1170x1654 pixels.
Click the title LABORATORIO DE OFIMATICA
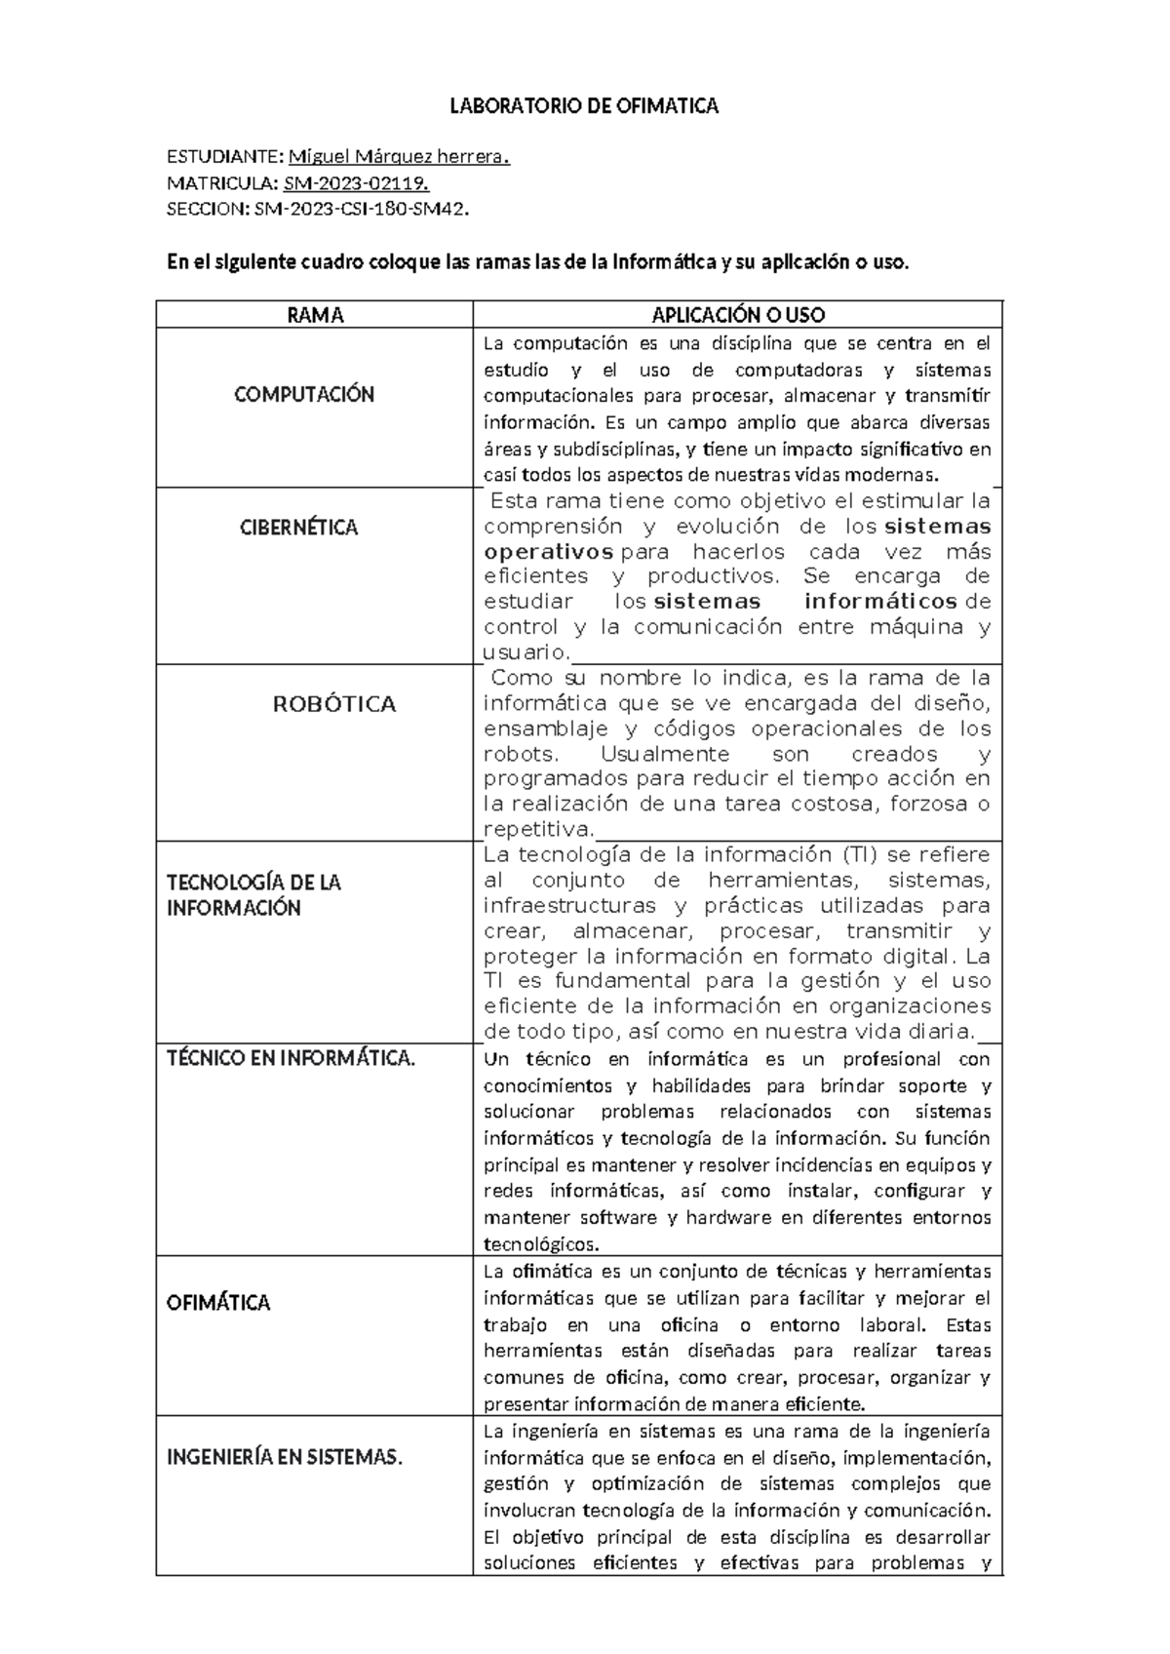[583, 106]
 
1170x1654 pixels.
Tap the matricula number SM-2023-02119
[356, 182]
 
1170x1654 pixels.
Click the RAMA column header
[315, 315]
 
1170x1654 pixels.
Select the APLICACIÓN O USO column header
[738, 315]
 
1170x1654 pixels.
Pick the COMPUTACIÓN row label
[304, 395]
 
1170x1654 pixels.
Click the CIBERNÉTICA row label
[299, 528]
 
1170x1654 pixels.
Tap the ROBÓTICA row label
[334, 704]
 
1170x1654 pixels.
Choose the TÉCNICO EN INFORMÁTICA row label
[292, 1058]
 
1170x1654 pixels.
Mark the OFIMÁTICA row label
[218, 1303]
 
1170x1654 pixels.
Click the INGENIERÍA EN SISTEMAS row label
[285, 1458]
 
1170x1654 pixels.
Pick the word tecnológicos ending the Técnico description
[541, 1244]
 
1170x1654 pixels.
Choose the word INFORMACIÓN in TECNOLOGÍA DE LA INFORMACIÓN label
[234, 908]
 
